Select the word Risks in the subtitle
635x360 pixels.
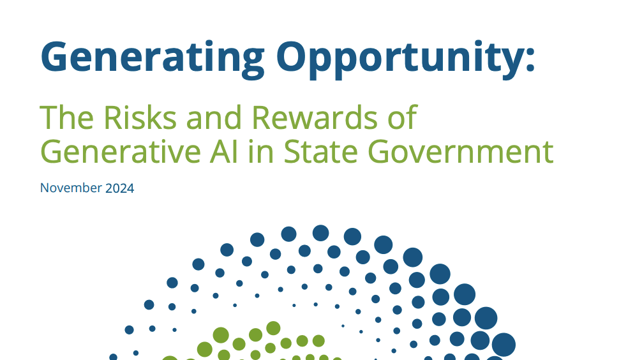(139, 117)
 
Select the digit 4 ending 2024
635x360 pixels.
(131, 188)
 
